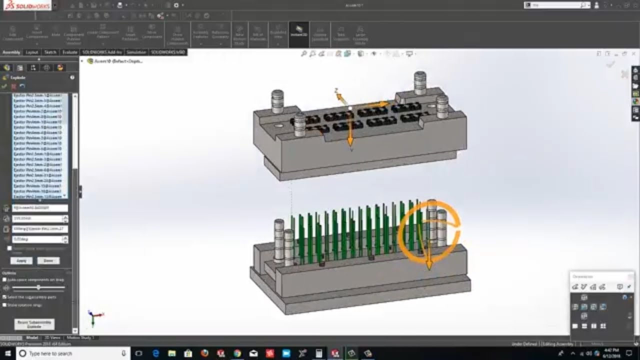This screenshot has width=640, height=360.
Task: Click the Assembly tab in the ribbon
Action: pyautogui.click(x=11, y=52)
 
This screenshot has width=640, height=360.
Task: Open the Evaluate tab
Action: pyautogui.click(x=69, y=52)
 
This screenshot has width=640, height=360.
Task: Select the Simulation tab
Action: pyautogui.click(x=136, y=52)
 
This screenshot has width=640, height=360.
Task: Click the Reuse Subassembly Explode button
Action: pyautogui.click(x=34, y=323)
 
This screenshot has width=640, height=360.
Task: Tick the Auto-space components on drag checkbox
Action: pyautogui.click(x=5, y=279)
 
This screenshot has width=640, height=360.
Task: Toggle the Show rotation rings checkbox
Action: pyautogui.click(x=5, y=304)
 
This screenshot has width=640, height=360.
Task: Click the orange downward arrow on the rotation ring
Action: pyautogui.click(x=428, y=262)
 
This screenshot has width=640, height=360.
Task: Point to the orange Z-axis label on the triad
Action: pyautogui.click(x=336, y=91)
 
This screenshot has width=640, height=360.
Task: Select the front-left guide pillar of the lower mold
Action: pyautogui.click(x=278, y=240)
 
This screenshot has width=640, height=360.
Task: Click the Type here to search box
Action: pyautogui.click(x=70, y=353)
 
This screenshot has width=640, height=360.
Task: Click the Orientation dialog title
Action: pyautogui.click(x=583, y=276)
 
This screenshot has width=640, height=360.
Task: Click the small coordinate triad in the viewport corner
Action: pyautogui.click(x=94, y=316)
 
